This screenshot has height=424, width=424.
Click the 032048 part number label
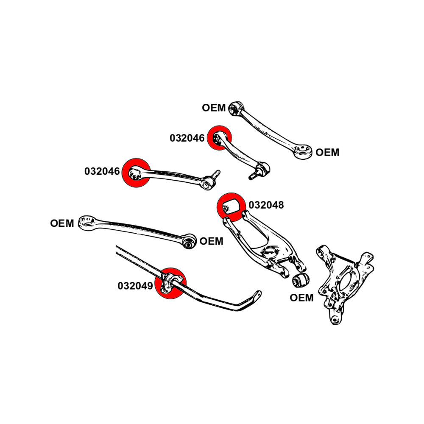[266, 206]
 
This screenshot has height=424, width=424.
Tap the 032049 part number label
[135, 286]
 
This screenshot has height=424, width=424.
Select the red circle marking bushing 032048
[229, 206]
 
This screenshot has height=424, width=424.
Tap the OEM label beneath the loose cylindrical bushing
[301, 298]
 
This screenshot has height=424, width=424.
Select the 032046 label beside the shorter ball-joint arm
[187, 138]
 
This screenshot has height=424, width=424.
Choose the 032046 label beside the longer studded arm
[102, 171]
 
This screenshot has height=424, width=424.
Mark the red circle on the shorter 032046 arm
[220, 138]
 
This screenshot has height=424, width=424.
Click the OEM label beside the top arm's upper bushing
[214, 108]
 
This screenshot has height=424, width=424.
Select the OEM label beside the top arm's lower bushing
[327, 152]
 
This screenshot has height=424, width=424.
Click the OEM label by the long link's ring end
[62, 223]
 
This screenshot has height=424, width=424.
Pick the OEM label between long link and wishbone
[211, 241]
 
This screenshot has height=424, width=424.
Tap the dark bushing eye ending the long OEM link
[190, 241]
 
